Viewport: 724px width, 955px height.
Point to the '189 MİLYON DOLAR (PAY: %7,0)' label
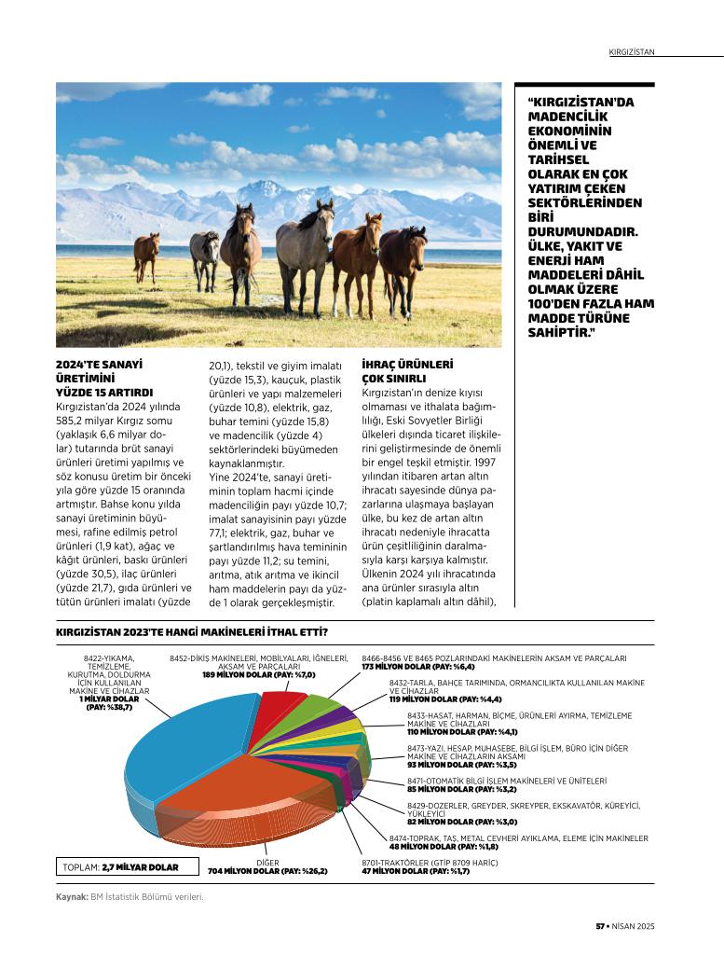pos(259,674)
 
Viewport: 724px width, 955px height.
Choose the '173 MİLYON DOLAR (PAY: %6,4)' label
pos(418,667)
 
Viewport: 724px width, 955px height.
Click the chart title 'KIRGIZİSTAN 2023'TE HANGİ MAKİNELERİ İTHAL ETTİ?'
pos(191,634)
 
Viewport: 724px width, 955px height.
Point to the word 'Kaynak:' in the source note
pos(72,897)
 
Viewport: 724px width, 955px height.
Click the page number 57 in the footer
pos(601,926)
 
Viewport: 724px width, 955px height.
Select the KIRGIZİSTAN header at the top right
pos(631,52)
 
